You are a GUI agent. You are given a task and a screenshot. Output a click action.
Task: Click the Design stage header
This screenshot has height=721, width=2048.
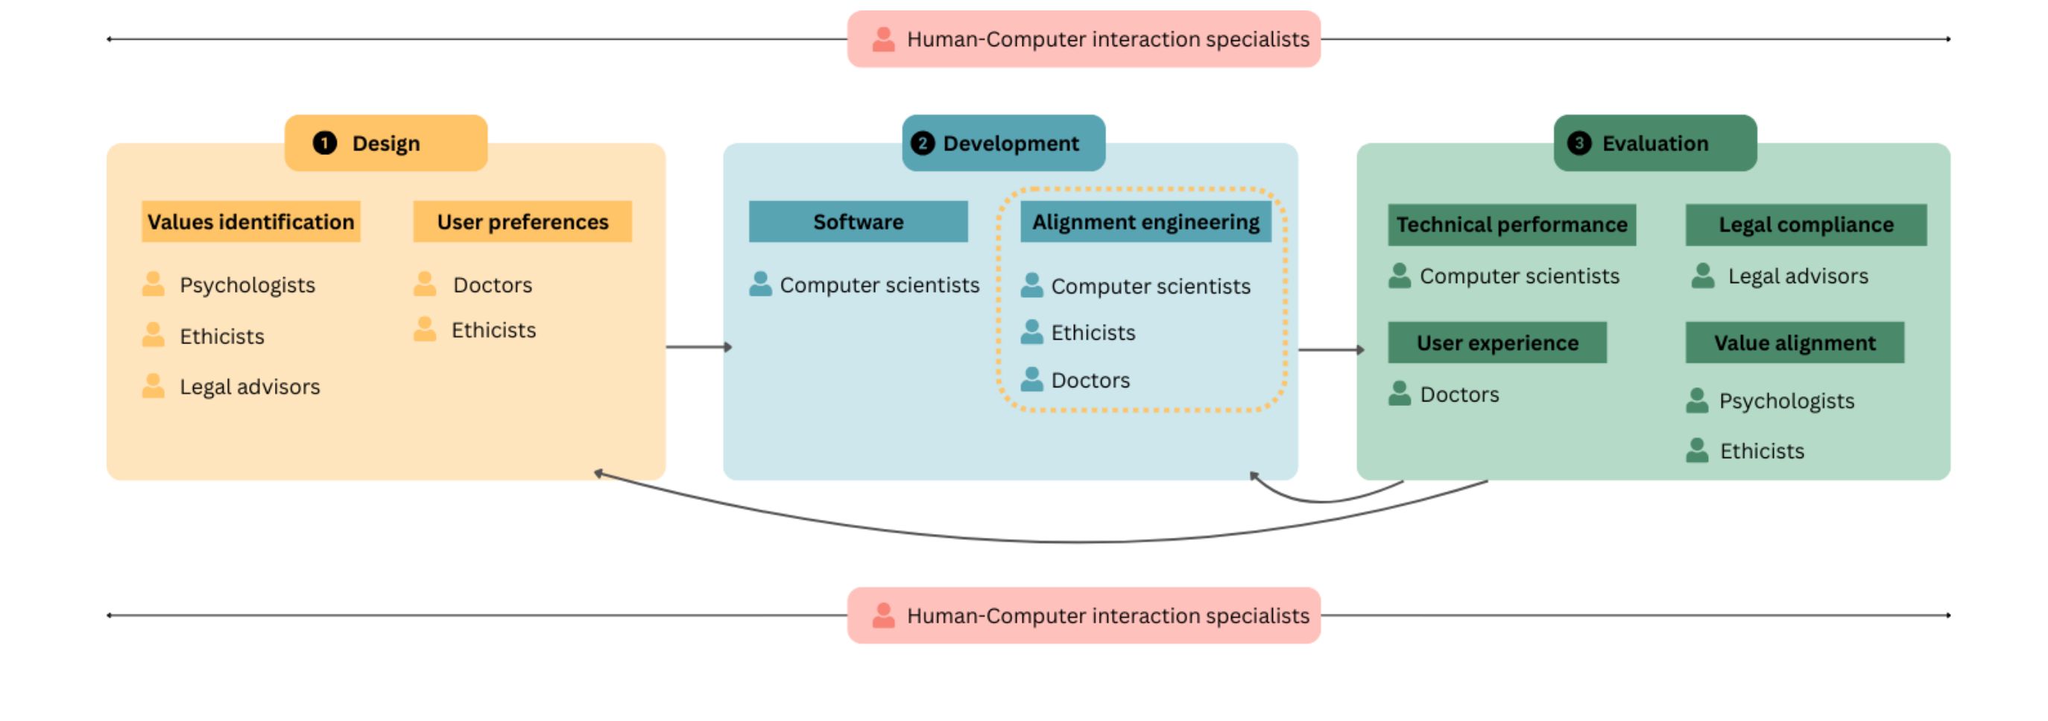point(385,143)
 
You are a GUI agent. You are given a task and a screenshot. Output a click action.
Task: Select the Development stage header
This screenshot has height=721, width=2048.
point(1003,143)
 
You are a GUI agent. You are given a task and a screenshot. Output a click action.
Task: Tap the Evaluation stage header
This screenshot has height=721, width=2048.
point(1655,143)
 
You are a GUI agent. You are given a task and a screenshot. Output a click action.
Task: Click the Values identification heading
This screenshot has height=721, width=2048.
point(251,222)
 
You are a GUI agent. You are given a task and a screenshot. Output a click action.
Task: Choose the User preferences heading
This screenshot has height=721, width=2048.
point(522,222)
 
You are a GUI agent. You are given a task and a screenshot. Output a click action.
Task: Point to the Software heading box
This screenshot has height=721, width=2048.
point(859,222)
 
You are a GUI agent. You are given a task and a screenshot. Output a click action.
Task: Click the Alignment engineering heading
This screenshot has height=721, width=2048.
point(1145,222)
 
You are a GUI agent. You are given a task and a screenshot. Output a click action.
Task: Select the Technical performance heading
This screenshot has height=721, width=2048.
point(1512,225)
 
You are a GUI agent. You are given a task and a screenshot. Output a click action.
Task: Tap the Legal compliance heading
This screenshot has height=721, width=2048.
point(1807,225)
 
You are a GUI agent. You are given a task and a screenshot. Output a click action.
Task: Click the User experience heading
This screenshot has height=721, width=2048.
point(1498,343)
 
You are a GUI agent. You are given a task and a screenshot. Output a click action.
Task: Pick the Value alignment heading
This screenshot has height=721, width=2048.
point(1795,343)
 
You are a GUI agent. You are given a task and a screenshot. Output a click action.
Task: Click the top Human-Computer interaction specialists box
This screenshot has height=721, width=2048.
point(1084,39)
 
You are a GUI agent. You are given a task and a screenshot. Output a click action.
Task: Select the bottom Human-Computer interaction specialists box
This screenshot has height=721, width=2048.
point(1084,615)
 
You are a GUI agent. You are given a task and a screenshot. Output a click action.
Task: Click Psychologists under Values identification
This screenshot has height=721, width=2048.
point(247,285)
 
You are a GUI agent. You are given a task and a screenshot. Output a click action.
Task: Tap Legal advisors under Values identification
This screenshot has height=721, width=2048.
point(250,387)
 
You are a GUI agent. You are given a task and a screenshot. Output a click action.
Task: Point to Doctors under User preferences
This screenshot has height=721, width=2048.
point(493,285)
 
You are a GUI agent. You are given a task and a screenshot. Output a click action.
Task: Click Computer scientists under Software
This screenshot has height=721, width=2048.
point(879,285)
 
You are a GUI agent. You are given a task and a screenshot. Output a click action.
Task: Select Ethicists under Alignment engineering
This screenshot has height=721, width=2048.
point(1093,332)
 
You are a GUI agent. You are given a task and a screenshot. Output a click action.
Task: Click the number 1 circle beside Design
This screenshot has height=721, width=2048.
point(324,143)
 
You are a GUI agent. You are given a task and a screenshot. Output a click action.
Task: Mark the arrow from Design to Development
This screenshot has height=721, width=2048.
point(699,347)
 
